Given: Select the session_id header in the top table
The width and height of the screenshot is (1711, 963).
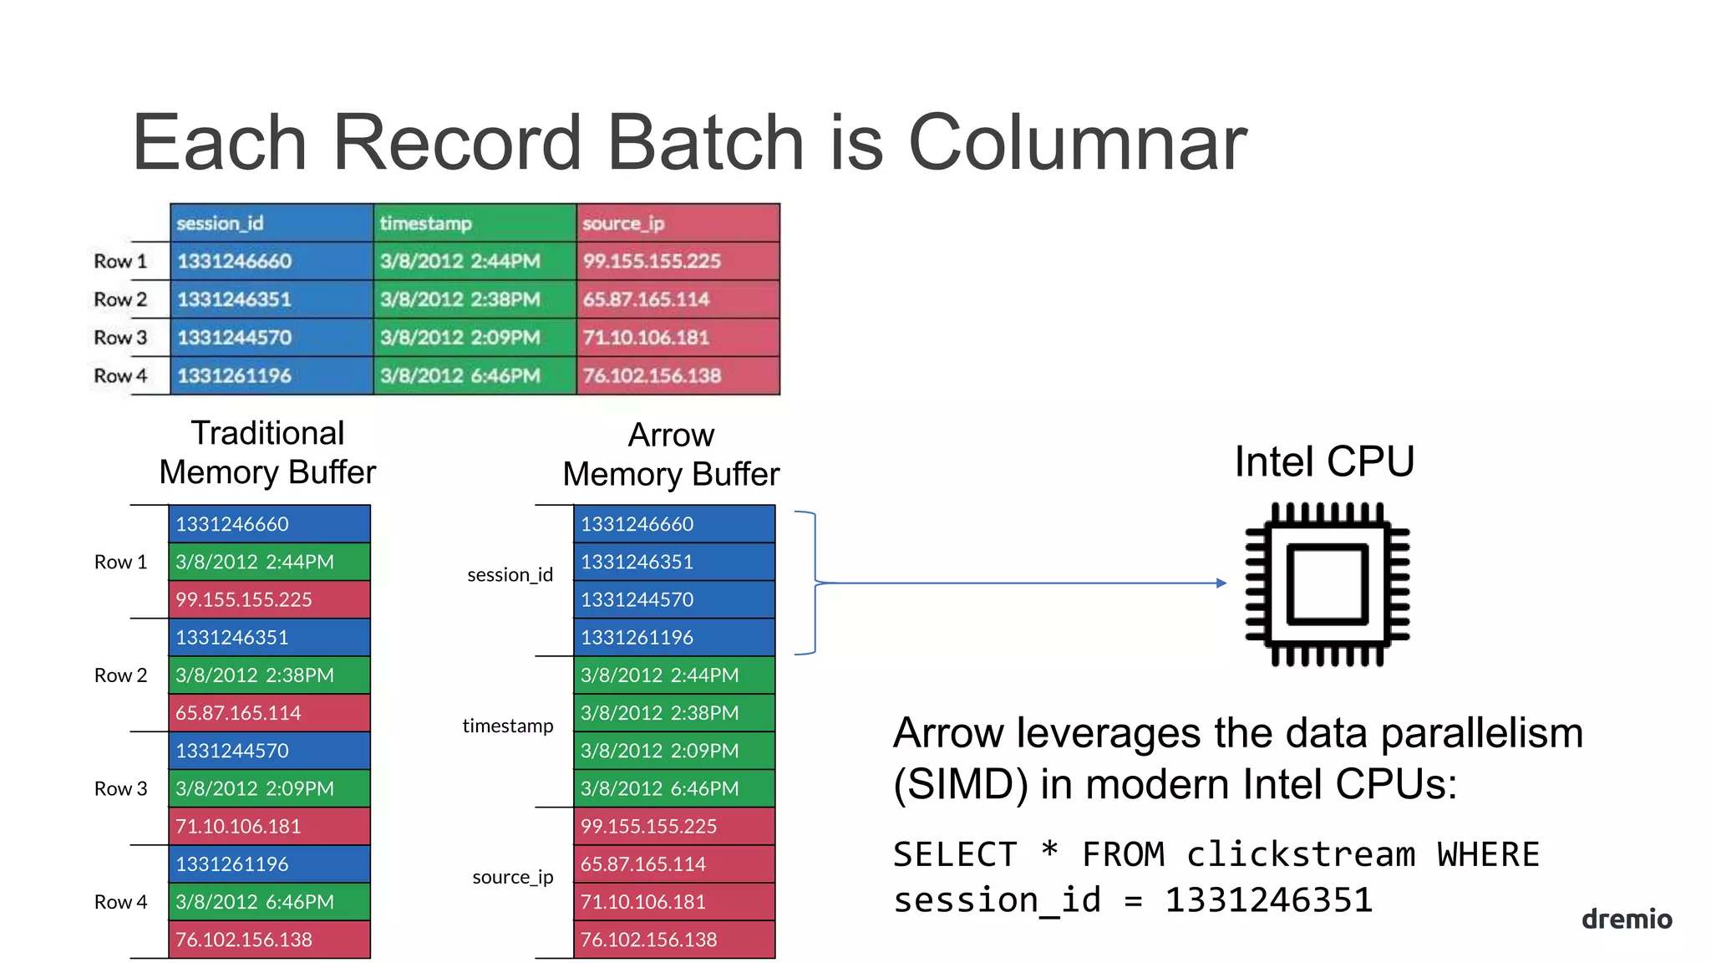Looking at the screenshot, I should click(272, 223).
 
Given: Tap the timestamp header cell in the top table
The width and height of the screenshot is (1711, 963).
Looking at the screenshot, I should click(475, 223).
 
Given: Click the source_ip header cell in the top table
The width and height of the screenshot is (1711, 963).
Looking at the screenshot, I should click(678, 223).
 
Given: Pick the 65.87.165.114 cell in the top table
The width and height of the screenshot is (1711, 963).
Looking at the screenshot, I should click(678, 299).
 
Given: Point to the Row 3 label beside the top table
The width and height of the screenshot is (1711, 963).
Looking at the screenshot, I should click(120, 338).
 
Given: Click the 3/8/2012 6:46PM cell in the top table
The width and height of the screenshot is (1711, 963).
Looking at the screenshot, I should click(475, 376).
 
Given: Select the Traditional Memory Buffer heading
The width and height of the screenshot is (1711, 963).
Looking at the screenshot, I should click(267, 452).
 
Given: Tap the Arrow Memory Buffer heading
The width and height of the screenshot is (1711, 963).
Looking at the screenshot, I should click(671, 454).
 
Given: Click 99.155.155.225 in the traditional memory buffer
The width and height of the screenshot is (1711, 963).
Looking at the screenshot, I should click(269, 599).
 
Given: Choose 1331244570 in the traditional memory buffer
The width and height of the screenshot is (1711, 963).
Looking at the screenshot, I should click(269, 751).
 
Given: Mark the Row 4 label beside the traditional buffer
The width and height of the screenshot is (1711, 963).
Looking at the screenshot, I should click(120, 902).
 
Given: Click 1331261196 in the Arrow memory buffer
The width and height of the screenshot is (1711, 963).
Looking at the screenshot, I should click(674, 637).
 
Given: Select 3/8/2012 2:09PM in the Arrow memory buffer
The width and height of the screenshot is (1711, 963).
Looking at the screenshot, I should click(674, 751).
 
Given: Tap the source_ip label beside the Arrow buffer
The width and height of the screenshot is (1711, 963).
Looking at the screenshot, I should click(512, 877).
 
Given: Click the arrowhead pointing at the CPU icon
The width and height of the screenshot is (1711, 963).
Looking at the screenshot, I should click(1221, 583).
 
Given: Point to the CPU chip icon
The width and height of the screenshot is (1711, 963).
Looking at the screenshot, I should click(1327, 583).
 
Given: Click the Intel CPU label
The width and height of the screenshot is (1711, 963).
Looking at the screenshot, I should click(1324, 461).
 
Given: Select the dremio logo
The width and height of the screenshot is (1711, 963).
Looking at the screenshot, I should click(1626, 919).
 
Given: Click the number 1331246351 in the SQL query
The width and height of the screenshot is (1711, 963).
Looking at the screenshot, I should click(1268, 900).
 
